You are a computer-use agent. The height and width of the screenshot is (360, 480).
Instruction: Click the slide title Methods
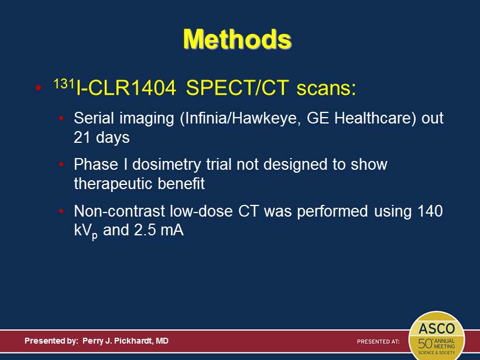[237, 39]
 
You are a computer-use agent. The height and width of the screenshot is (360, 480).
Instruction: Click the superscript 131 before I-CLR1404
[64, 83]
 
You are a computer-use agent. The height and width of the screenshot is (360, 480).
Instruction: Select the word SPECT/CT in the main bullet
[237, 88]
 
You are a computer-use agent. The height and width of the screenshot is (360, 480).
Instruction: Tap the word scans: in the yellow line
[326, 88]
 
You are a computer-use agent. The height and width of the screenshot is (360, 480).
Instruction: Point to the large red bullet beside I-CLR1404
[38, 88]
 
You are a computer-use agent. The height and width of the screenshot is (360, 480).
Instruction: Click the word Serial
[94, 118]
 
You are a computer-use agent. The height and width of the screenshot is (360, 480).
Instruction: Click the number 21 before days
[82, 138]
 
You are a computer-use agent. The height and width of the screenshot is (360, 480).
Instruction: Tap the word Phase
[96, 164]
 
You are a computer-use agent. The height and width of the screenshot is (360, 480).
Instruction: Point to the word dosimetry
[166, 165]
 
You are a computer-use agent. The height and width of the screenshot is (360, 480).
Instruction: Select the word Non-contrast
[119, 211]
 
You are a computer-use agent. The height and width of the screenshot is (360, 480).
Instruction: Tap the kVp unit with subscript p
[85, 231]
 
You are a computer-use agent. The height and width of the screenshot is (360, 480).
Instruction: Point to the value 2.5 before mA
[145, 230]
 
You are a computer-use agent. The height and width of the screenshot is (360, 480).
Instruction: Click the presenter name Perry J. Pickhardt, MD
[125, 341]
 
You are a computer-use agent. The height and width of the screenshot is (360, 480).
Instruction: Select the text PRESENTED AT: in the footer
[378, 341]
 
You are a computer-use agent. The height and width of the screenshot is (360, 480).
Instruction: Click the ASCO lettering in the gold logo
[437, 329]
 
